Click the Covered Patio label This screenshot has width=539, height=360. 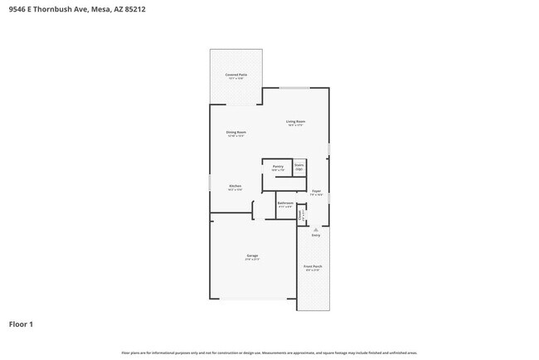click(236, 75)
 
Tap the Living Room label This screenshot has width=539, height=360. click(295, 123)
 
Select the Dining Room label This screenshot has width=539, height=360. click(236, 133)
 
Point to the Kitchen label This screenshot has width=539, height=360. click(236, 186)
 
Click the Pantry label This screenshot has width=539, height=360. click(278, 167)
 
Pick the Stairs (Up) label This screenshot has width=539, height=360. click(299, 166)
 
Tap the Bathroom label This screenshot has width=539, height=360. click(285, 203)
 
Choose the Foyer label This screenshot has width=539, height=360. click(317, 192)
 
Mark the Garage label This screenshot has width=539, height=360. click(252, 255)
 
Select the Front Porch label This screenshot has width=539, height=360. click(313, 267)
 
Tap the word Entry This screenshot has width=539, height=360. click(316, 236)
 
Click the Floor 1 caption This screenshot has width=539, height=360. click(22, 324)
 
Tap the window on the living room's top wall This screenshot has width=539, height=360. click(295, 88)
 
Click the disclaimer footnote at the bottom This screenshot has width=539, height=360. click(269, 353)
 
